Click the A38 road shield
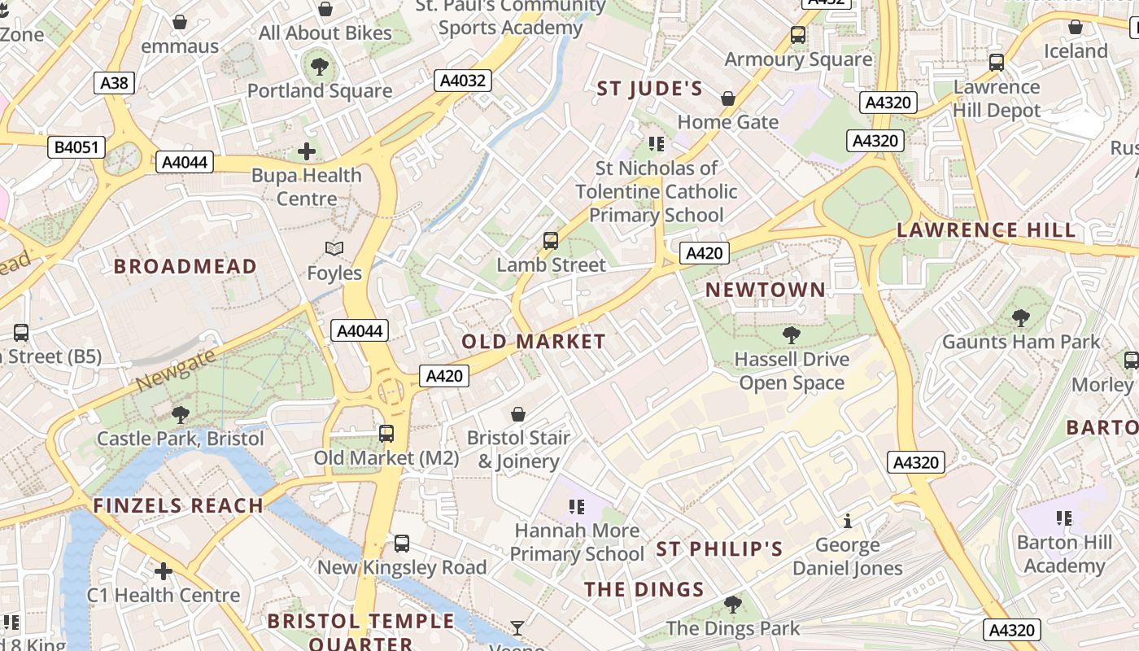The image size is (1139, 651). [114, 82]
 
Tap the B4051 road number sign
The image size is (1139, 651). [76, 147]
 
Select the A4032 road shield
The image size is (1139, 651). [462, 81]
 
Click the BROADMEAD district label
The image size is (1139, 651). [185, 266]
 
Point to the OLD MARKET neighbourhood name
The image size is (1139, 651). [534, 342]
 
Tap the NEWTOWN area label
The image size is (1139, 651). [765, 290]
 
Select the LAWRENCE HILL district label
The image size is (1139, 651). [986, 230]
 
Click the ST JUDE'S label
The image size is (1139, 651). [649, 89]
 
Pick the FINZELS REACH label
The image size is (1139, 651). [178, 506]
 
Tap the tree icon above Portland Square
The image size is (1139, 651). [320, 66]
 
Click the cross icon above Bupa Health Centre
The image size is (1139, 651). [307, 151]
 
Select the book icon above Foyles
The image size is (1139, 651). [334, 248]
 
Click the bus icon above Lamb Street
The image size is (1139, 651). [551, 241]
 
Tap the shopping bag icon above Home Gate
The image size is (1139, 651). [728, 98]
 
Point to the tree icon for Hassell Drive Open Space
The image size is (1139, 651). [791, 334]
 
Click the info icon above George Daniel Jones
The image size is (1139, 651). [847, 521]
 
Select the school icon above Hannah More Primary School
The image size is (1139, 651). [577, 507]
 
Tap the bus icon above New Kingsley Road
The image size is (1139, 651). [402, 544]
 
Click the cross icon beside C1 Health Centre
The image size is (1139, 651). [164, 571]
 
